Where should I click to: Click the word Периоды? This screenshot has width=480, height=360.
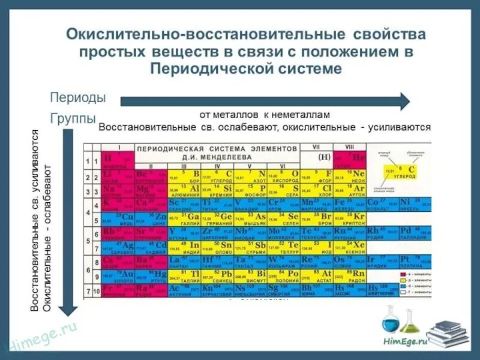77,97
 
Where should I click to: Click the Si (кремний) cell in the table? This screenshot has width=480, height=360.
217,190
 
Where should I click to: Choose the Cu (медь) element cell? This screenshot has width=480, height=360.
117,218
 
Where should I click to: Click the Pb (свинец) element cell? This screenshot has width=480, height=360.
217,276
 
